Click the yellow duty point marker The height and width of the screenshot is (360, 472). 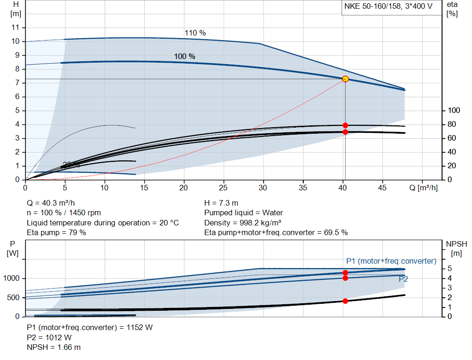pyautogui.click(x=345, y=79)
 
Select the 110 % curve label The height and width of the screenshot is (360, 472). pyautogui.click(x=195, y=33)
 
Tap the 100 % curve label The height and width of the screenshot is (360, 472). pyautogui.click(x=184, y=56)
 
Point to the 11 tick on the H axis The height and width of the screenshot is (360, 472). pyautogui.click(x=16, y=28)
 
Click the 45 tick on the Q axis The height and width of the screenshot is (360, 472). pyautogui.click(x=382, y=188)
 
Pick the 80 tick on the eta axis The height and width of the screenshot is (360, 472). pyautogui.click(x=452, y=124)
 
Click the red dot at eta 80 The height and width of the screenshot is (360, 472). pyautogui.click(x=345, y=125)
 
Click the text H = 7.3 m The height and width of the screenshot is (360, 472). pyautogui.click(x=221, y=203)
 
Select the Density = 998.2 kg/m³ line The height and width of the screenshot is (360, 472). pyautogui.click(x=243, y=223)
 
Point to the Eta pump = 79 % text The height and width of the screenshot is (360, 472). pyautogui.click(x=56, y=233)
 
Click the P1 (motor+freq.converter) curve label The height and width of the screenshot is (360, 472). pyautogui.click(x=391, y=261)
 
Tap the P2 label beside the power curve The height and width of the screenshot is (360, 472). pyautogui.click(x=403, y=279)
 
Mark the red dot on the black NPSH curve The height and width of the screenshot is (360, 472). pyautogui.click(x=345, y=301)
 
